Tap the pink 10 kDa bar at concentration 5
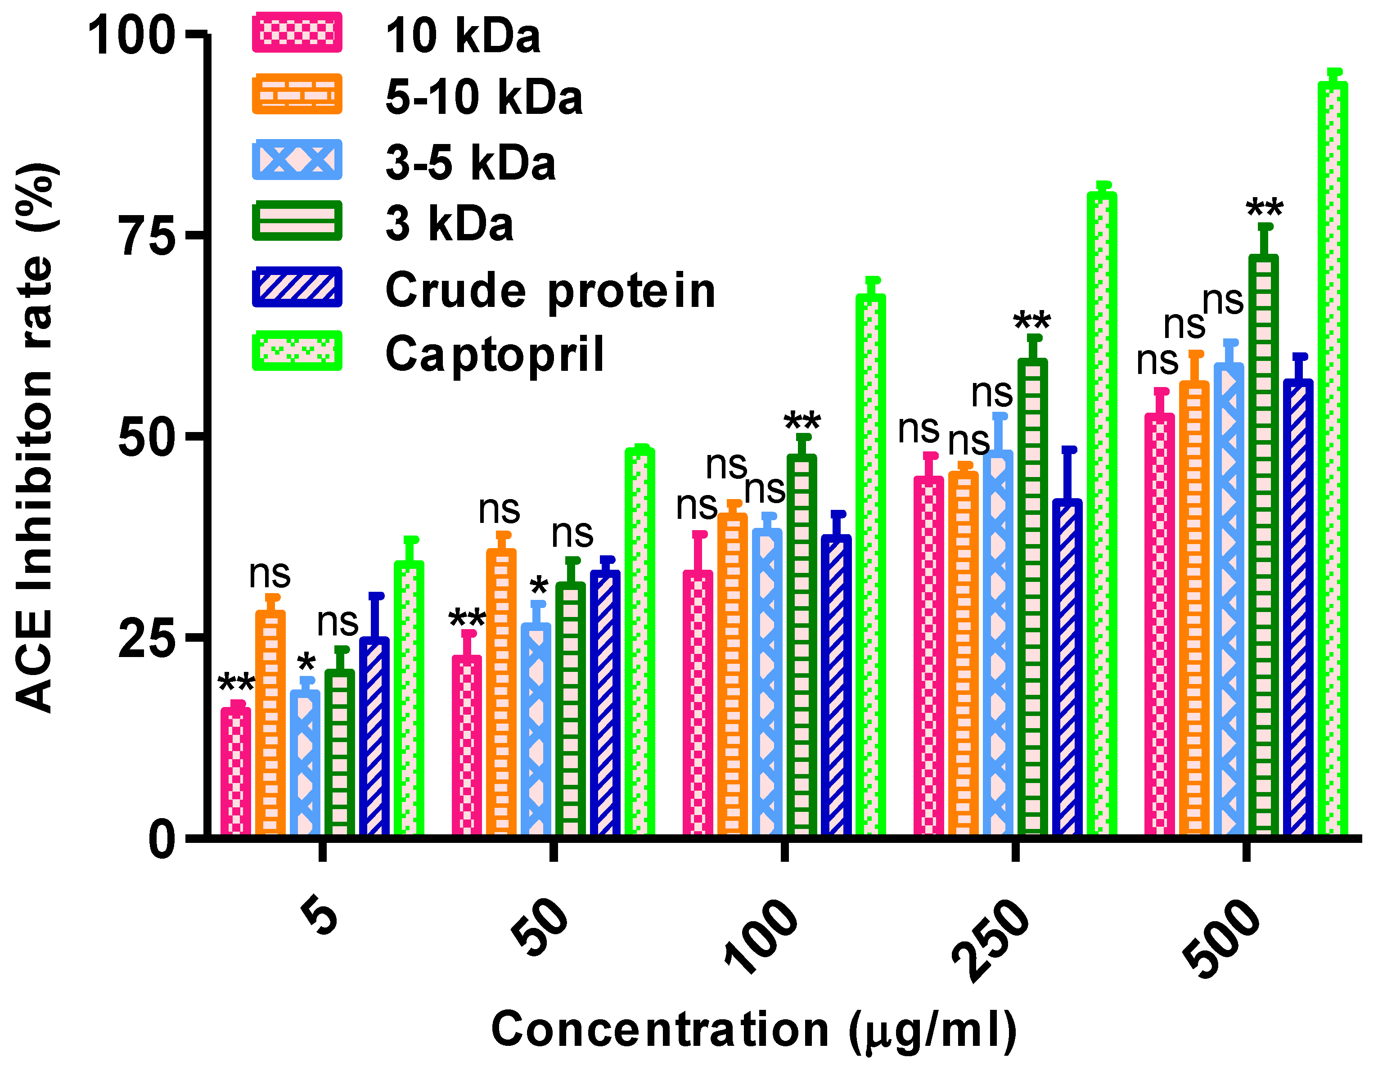tap(235, 770)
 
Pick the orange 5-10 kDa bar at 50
tap(501, 691)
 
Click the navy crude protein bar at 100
tap(836, 684)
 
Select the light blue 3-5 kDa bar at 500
tap(1229, 599)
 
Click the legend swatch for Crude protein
tap(297, 287)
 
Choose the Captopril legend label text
tap(495, 354)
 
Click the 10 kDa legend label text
tap(463, 36)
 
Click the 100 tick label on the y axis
tap(131, 36)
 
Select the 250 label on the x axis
tap(991, 940)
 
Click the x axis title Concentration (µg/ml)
tap(754, 1030)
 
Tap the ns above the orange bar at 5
tap(270, 574)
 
